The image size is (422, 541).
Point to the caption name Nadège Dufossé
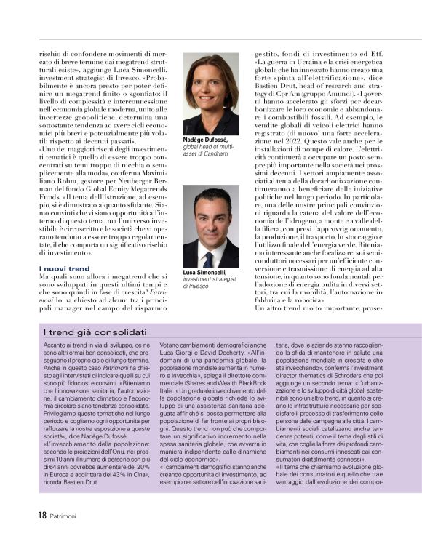[206, 139]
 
